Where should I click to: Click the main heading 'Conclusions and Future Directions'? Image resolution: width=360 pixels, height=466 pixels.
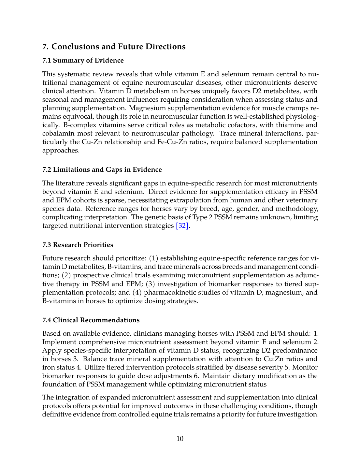pyautogui.click(x=119, y=47)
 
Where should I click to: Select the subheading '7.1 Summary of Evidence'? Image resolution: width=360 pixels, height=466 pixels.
pyautogui.click(x=83, y=61)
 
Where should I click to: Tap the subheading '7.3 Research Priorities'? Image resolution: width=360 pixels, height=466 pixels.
pyautogui.click(x=78, y=245)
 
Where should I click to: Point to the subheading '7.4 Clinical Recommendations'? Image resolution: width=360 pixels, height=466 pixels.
pyautogui.click(x=91, y=320)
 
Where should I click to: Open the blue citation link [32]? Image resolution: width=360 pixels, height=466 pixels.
pyautogui.click(x=182, y=226)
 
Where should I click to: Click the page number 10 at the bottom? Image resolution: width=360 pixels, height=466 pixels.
pyautogui.click(x=180, y=439)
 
